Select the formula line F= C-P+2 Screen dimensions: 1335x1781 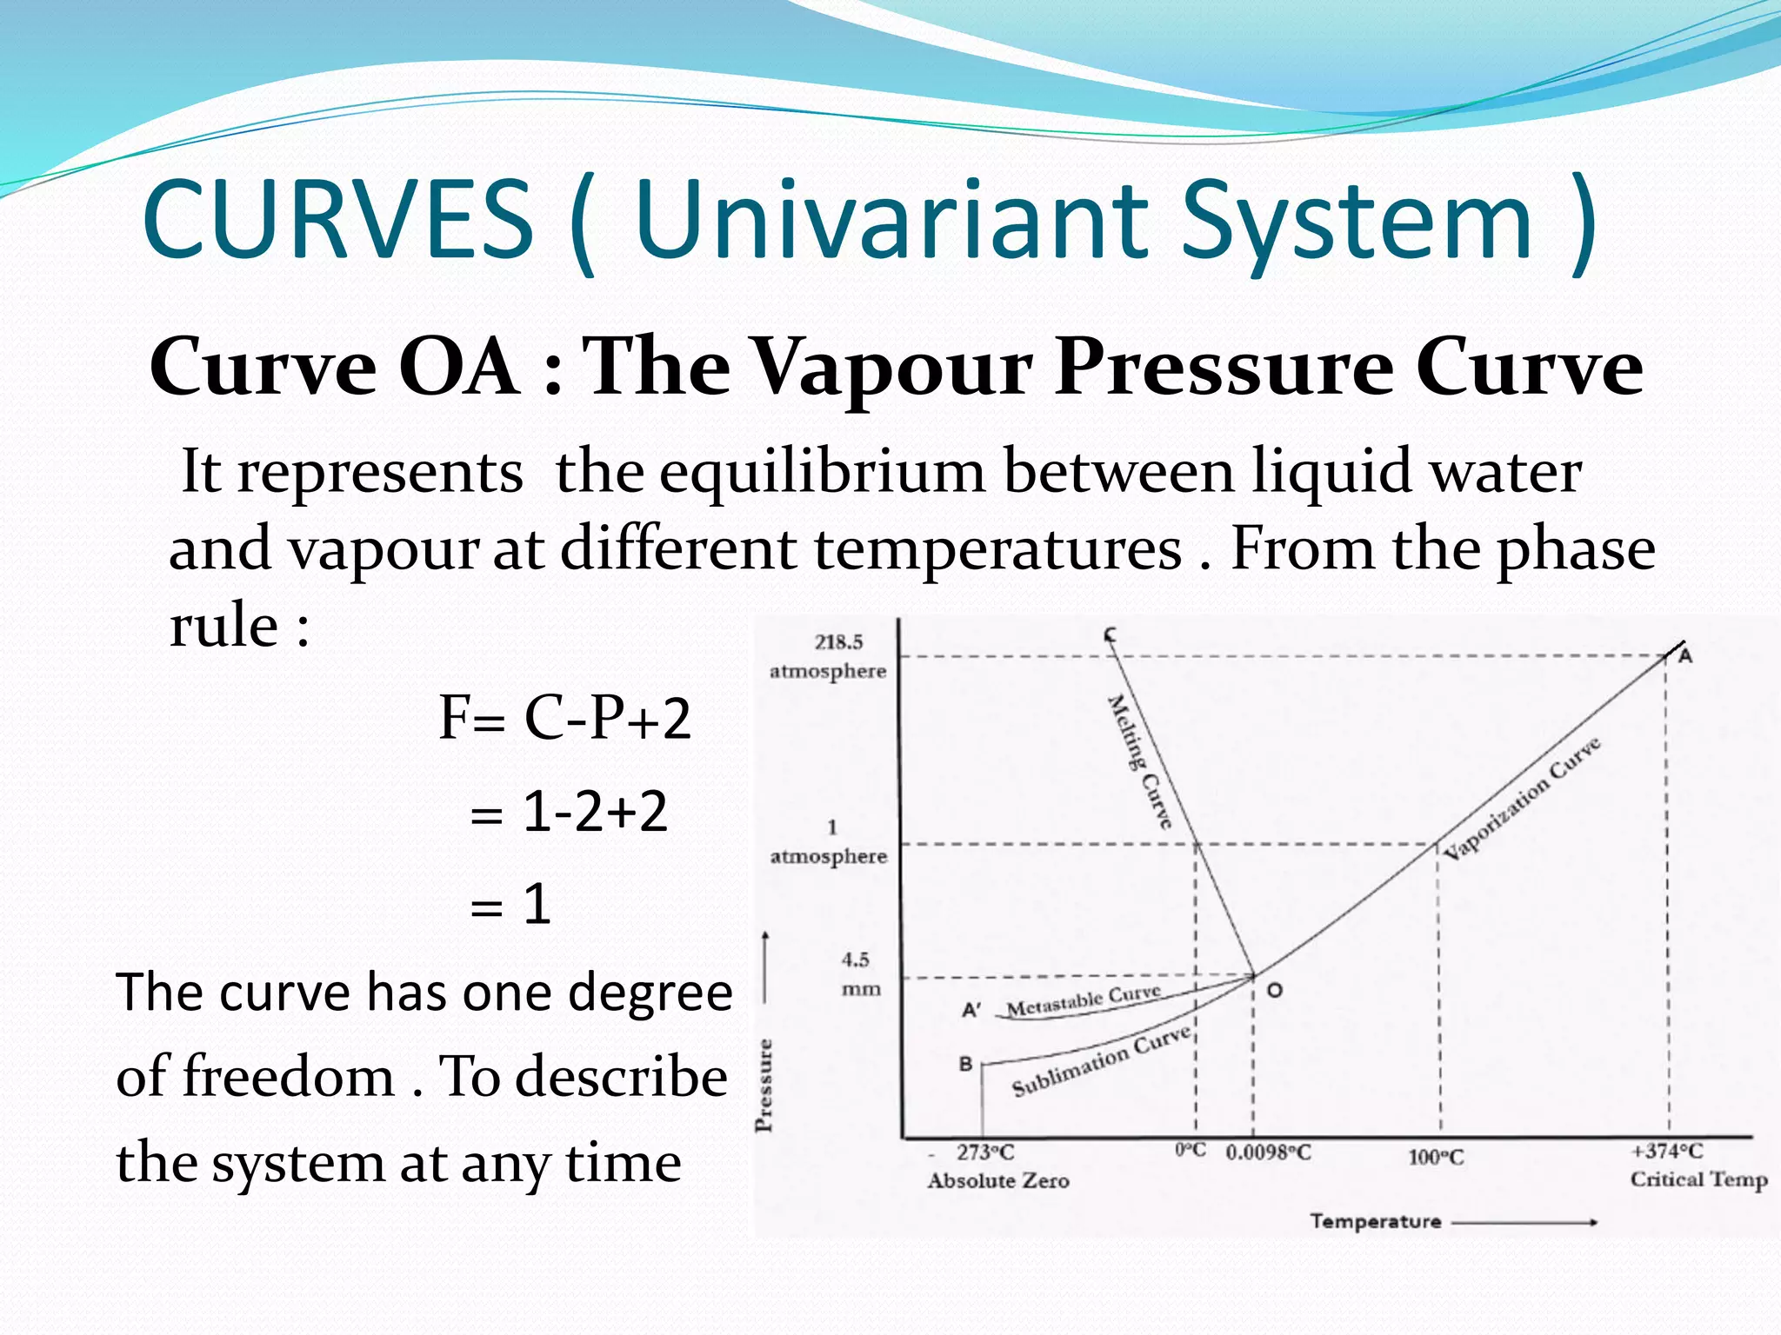(x=564, y=718)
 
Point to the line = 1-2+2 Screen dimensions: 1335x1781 (x=569, y=812)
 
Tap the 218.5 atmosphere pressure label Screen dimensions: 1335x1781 (x=829, y=656)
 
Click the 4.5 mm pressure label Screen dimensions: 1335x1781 (x=858, y=973)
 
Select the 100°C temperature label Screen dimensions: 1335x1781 (x=1436, y=1157)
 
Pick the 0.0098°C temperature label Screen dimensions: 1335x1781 (x=1268, y=1152)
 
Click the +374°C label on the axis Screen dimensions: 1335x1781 (x=1666, y=1151)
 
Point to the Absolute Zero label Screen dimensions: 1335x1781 (x=998, y=1180)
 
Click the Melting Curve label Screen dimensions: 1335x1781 (x=1140, y=760)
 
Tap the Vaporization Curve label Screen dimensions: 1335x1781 (x=1523, y=797)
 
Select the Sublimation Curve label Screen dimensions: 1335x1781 (x=1101, y=1061)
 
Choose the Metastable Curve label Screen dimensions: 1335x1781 (x=1084, y=1000)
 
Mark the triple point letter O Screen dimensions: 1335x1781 (x=1274, y=990)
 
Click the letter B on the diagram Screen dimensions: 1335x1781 (x=965, y=1064)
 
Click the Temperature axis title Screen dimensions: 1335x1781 (x=1375, y=1221)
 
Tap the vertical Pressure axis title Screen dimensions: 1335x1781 (x=764, y=1085)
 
